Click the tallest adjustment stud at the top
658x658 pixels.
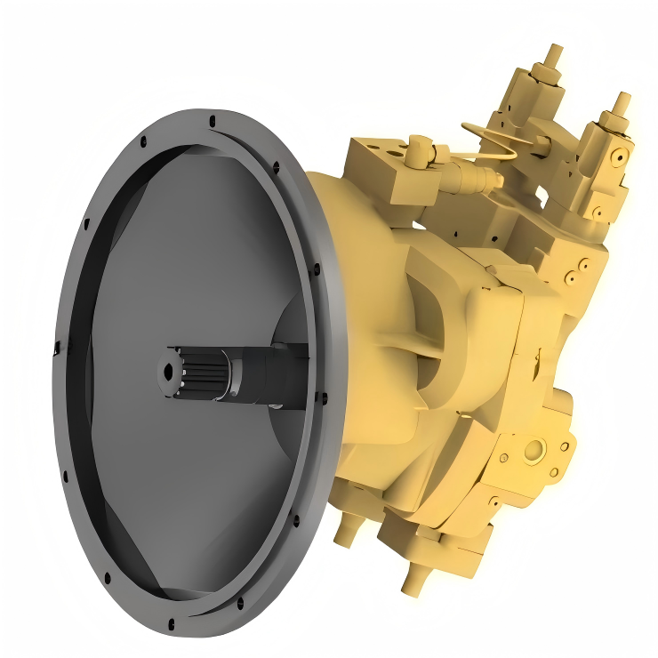pos(553,54)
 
